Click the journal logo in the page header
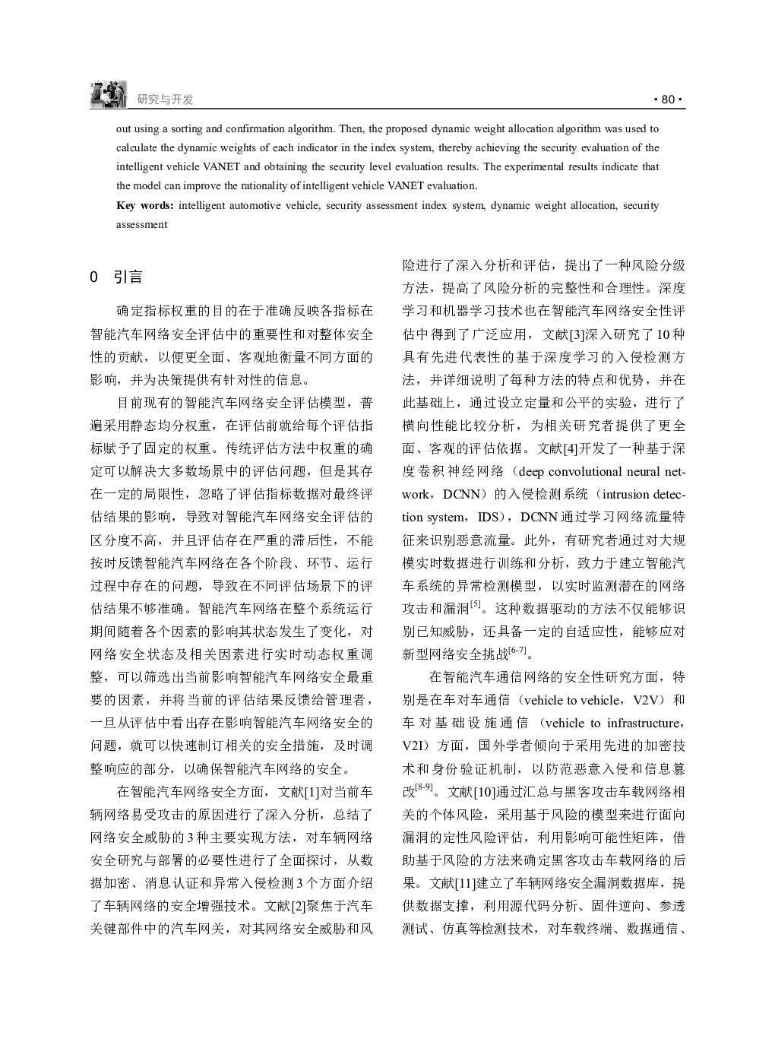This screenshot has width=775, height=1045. click(108, 93)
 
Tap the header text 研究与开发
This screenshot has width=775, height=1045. click(165, 100)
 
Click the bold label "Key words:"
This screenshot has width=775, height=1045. click(145, 205)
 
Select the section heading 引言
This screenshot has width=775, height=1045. click(128, 277)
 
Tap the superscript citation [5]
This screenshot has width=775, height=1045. click(476, 605)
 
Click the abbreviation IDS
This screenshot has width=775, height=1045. click(489, 517)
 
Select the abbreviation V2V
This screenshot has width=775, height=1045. click(647, 700)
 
